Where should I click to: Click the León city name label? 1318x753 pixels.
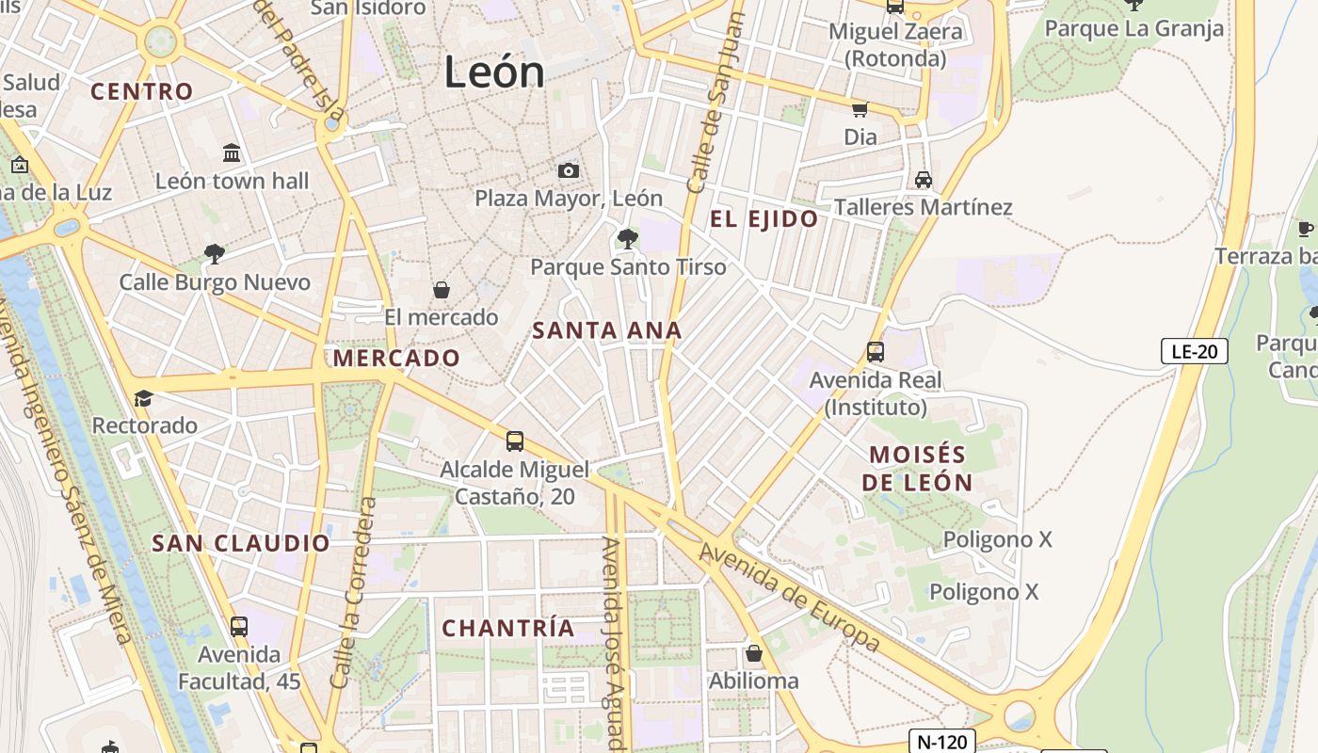pos(494,72)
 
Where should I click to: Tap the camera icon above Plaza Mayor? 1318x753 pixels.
pos(568,170)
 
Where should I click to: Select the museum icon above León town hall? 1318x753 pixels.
pos(232,152)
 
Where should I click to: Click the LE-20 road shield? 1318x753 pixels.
pos(1194,352)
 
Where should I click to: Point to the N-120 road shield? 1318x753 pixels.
pos(942,742)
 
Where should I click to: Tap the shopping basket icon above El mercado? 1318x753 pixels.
pos(441,290)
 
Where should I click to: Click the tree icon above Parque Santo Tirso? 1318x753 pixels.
pos(628,239)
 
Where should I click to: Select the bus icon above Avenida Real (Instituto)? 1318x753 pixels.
pos(875,352)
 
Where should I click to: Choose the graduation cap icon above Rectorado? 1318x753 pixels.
pos(143,398)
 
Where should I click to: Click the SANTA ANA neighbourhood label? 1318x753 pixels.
pos(607,331)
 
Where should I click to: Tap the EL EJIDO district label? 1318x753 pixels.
pos(763,219)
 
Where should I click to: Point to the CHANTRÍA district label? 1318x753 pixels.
pos(508,629)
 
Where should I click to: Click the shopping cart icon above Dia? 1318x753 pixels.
pos(860,109)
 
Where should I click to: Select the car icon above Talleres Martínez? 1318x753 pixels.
pos(923,180)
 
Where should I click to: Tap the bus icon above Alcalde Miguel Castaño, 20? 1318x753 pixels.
pos(514,441)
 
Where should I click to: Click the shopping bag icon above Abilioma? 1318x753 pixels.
pos(753,652)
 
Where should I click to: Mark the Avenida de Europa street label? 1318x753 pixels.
pos(791,598)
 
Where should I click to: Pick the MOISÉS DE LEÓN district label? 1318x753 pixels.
pos(917,468)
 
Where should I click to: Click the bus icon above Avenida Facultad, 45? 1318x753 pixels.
pos(239,626)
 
